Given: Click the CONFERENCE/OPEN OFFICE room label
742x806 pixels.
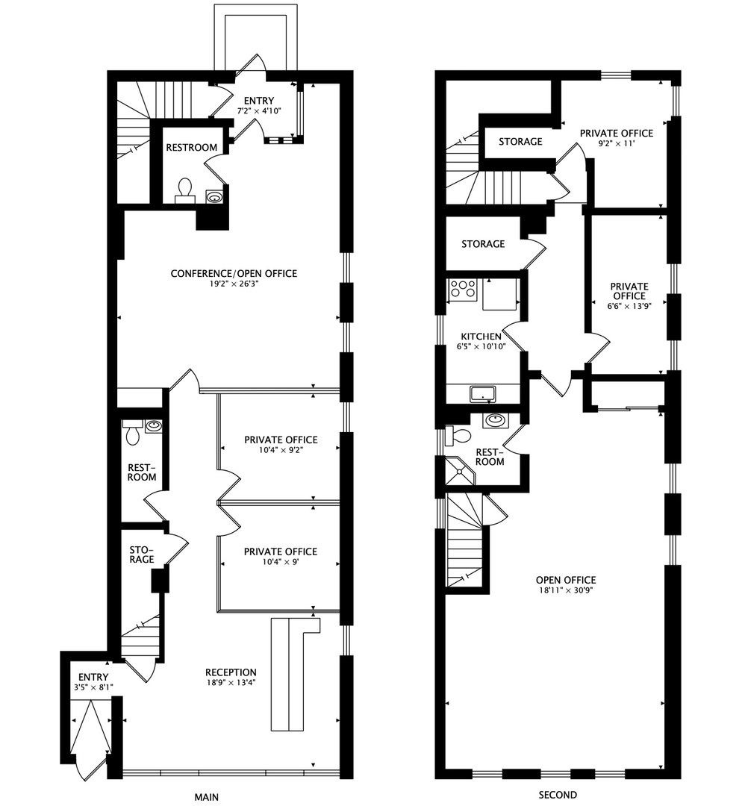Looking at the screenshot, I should click(233, 274).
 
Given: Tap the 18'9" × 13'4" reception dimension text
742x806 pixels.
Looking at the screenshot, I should click(232, 682).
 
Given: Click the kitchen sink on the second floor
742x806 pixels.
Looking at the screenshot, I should click(482, 393).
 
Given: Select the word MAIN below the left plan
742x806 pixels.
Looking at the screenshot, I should click(207, 796).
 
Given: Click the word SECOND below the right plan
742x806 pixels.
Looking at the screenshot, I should click(558, 796).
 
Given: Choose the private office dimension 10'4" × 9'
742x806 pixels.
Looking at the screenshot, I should click(281, 562).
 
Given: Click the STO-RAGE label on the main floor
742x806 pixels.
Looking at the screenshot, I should click(140, 554).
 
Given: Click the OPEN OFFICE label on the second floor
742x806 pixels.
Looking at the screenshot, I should click(565, 580).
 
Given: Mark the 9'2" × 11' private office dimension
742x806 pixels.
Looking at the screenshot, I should click(617, 144).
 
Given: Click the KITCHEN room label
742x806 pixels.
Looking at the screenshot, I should click(481, 337).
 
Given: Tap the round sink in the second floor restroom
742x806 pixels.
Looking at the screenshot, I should click(493, 421).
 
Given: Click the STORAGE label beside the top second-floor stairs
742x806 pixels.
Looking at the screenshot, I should click(520, 142).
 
